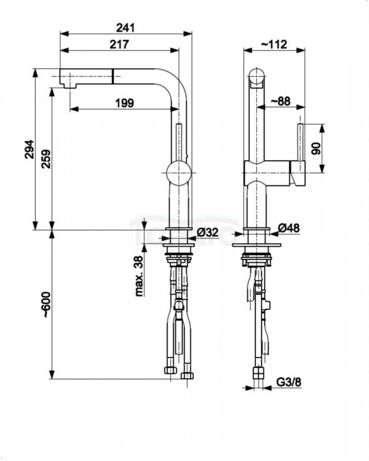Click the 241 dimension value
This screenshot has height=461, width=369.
pos(124,27)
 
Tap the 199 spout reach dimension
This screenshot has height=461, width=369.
pos(124,104)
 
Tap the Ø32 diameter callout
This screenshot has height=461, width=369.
pos(209,232)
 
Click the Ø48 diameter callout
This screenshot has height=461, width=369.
pos(288,229)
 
